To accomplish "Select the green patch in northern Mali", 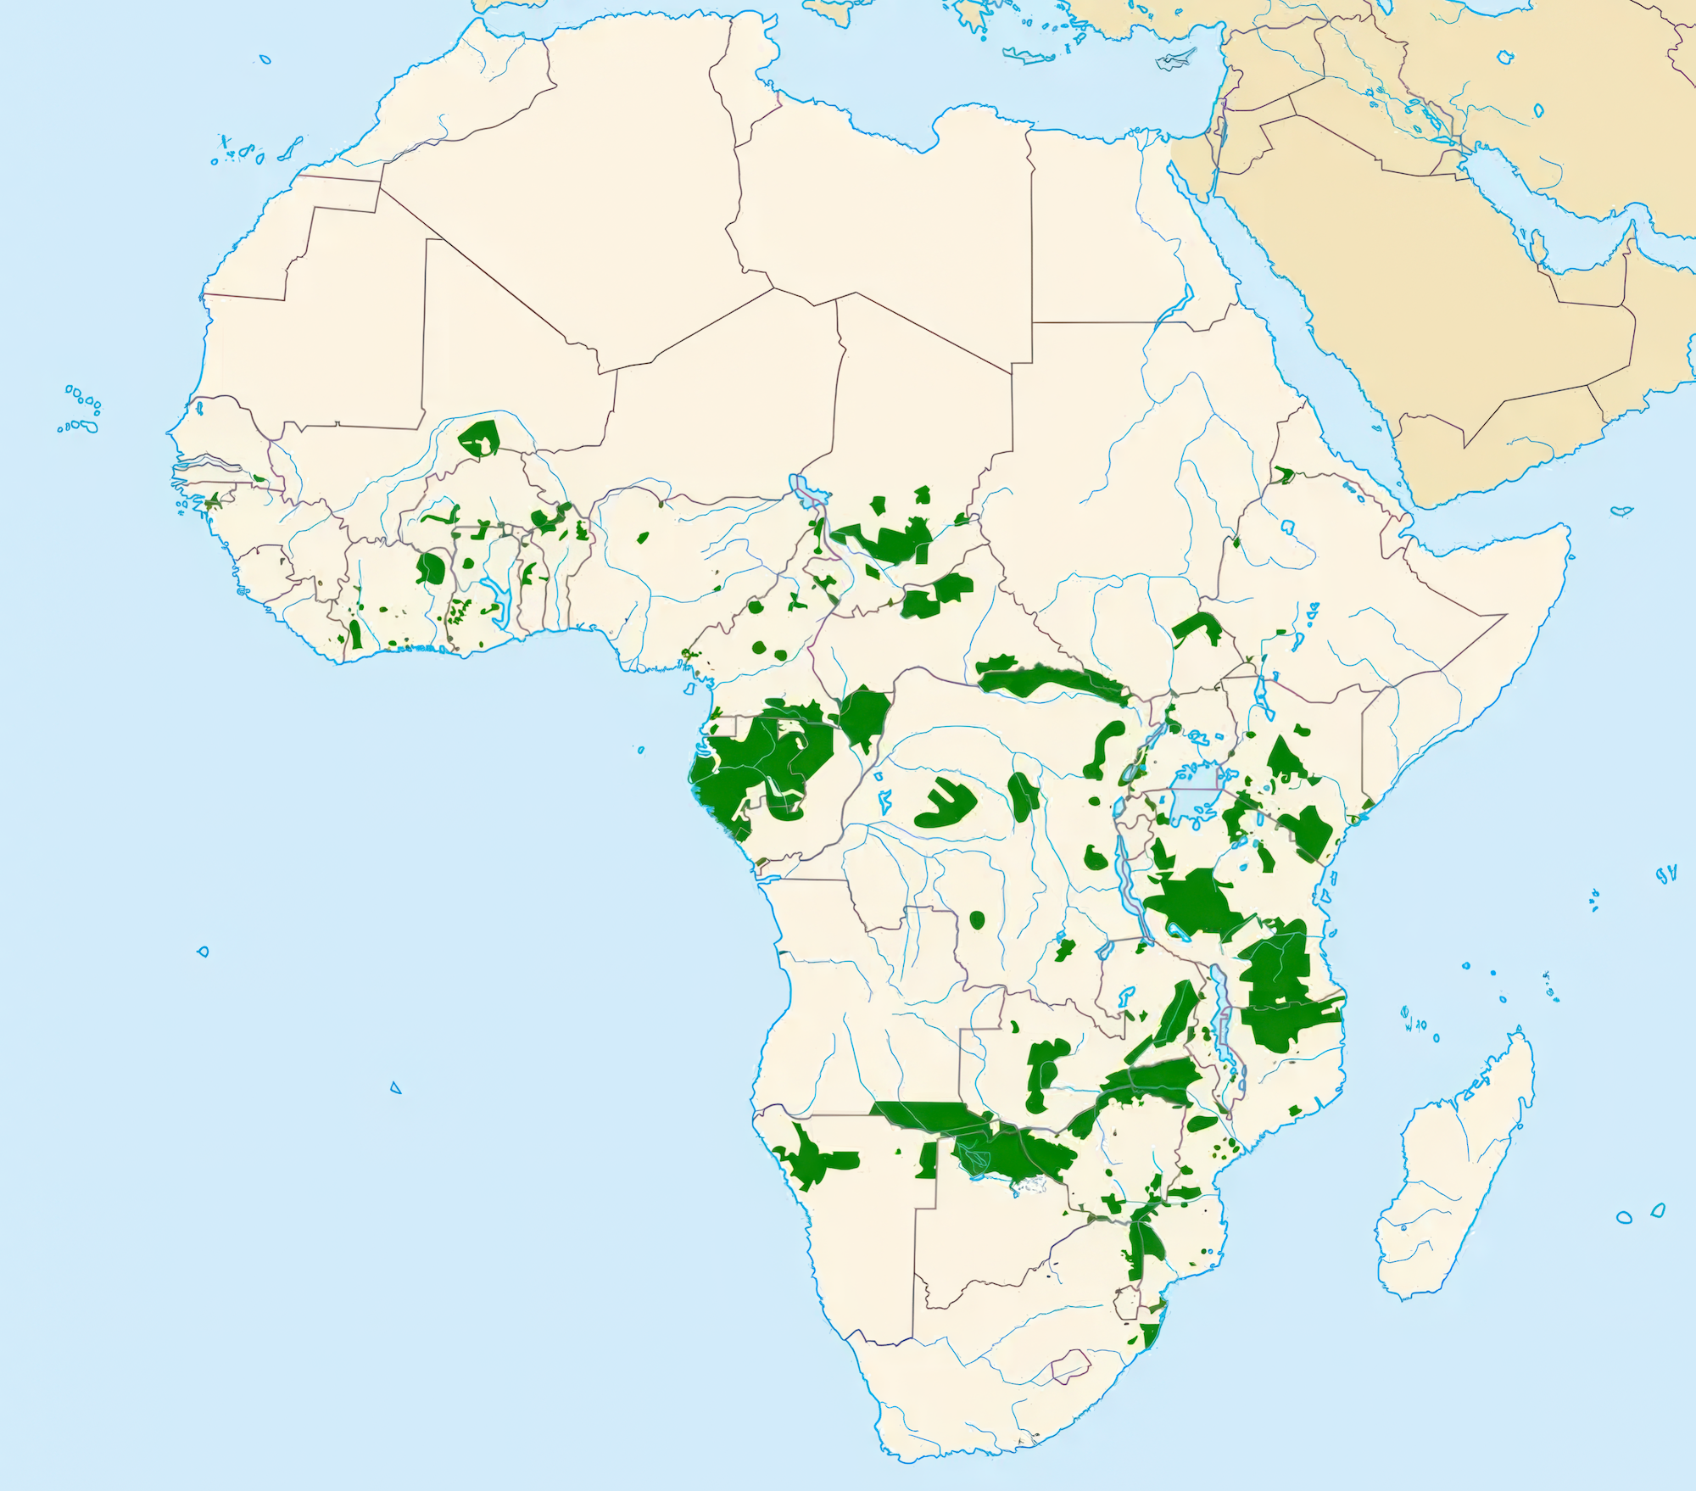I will click(x=480, y=438).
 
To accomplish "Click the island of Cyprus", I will click(x=1174, y=60).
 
